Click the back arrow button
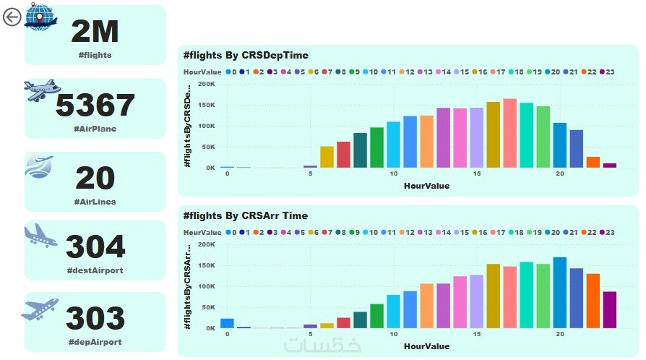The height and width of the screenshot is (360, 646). click(x=12, y=17)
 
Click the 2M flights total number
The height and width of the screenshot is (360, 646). click(x=95, y=31)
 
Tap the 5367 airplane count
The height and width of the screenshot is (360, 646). click(x=95, y=106)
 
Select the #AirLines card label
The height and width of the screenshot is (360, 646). click(x=95, y=202)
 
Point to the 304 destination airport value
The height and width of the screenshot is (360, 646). click(x=95, y=248)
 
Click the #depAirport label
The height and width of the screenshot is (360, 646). click(x=95, y=342)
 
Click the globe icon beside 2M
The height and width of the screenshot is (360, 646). click(x=40, y=17)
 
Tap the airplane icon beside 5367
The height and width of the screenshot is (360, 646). click(x=43, y=90)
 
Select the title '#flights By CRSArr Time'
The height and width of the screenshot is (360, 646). click(x=246, y=215)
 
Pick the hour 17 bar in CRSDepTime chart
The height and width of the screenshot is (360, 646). click(x=509, y=134)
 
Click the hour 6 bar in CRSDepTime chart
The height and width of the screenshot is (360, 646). click(x=327, y=157)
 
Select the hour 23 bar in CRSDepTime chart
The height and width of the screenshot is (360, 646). click(x=610, y=166)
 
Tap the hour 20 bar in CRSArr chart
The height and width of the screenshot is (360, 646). click(x=560, y=292)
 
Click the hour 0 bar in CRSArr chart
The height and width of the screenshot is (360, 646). click(x=227, y=323)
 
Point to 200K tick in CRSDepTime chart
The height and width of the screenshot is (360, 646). click(x=205, y=84)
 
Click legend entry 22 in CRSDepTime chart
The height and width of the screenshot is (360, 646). click(x=587, y=72)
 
